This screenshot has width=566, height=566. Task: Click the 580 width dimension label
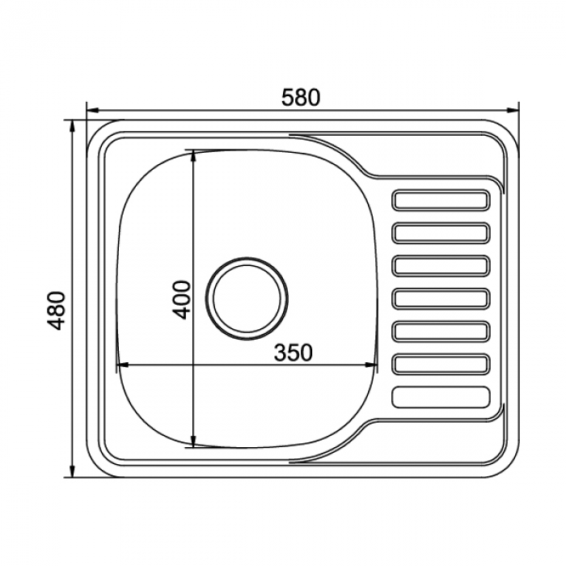(301, 98)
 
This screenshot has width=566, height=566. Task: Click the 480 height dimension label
(57, 310)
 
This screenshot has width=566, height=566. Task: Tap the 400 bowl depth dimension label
(181, 300)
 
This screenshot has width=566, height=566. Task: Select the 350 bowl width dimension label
(293, 353)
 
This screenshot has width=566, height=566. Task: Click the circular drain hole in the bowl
(247, 298)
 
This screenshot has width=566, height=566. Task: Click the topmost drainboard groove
(441, 200)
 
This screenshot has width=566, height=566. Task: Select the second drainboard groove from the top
(441, 233)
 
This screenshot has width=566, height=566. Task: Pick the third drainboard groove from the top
(441, 265)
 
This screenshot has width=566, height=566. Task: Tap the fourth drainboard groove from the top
(441, 298)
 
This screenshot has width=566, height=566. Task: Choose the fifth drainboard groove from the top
(441, 331)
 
